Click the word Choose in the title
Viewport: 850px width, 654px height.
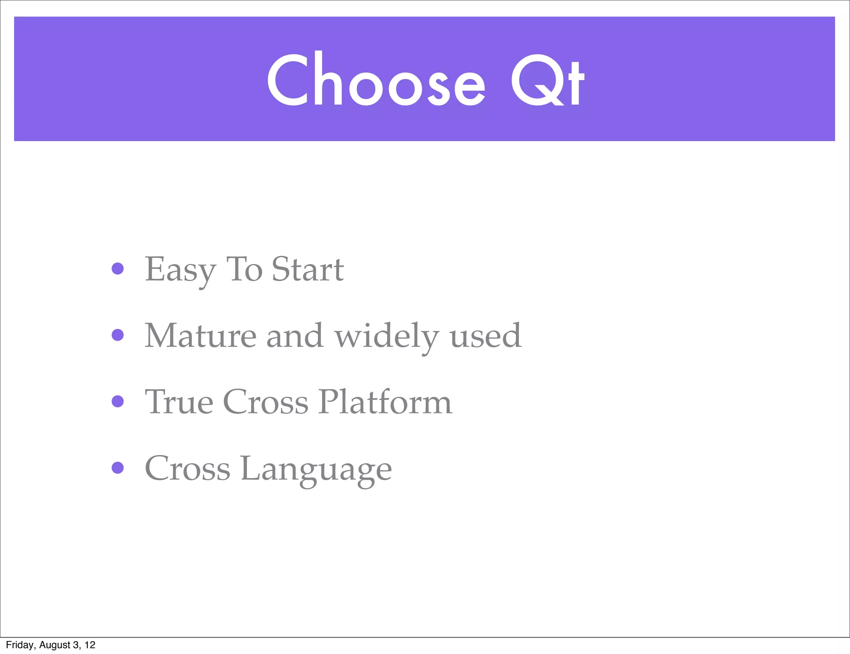click(x=376, y=80)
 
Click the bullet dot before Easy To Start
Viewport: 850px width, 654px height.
click(x=118, y=268)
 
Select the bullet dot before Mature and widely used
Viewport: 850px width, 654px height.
click(x=118, y=335)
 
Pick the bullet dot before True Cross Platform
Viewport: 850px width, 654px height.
click(x=118, y=401)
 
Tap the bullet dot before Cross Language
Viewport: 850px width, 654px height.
click(x=118, y=468)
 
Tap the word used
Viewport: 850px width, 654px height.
click(x=485, y=336)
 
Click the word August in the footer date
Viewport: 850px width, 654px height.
click(x=54, y=645)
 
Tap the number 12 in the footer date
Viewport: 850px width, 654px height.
click(x=90, y=645)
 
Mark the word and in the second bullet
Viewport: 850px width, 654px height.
click(x=294, y=336)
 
